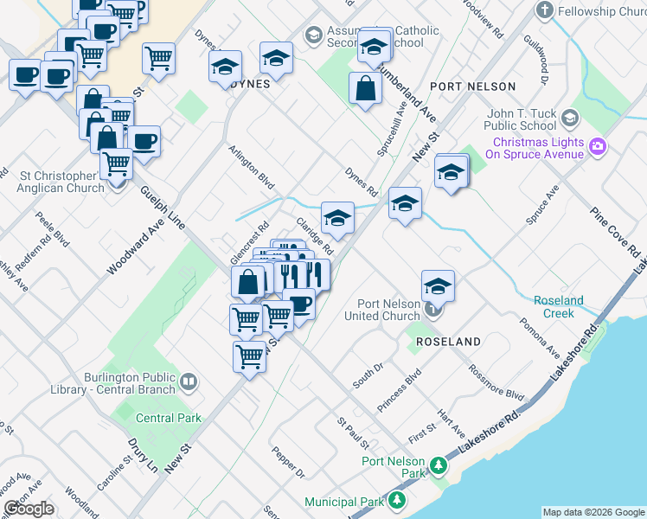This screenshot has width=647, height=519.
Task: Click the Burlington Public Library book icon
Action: tap(188, 380)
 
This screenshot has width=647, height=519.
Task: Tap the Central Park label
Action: tap(169, 418)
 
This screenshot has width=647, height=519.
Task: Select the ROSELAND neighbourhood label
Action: tap(448, 343)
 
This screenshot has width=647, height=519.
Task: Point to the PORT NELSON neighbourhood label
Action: tap(472, 86)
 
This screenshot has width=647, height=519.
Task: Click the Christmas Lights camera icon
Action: tap(598, 147)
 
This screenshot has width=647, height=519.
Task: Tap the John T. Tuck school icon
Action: tap(569, 118)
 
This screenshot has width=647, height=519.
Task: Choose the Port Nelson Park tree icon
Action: tap(439, 467)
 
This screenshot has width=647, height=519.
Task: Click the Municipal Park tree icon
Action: tap(397, 501)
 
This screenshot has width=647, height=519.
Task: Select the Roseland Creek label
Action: tap(558, 307)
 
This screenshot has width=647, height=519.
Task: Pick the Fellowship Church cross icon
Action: tap(544, 11)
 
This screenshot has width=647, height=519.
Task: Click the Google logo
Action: tap(29, 509)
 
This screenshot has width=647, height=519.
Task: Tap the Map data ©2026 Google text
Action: tap(593, 512)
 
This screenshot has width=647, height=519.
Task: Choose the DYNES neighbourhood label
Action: tap(251, 85)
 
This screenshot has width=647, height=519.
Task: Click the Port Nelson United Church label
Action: tap(390, 310)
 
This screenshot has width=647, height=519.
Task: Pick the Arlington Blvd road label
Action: tap(252, 168)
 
